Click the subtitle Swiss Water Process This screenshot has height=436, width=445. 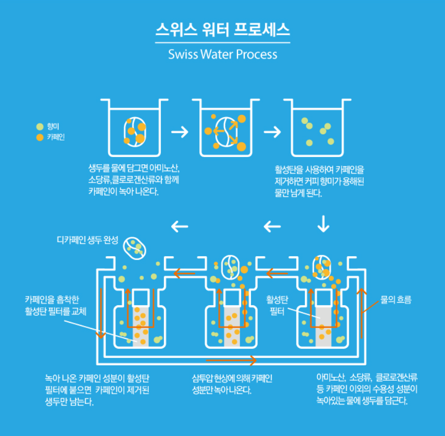click(x=222, y=54)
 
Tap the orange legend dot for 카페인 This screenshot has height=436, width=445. click(x=40, y=137)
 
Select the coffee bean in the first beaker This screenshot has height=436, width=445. click(x=135, y=131)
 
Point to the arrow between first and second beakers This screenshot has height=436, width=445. click(x=180, y=132)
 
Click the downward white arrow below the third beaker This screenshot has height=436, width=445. click(x=323, y=223)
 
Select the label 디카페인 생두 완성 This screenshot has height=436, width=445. click(x=87, y=240)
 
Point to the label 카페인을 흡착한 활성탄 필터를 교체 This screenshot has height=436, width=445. click(x=55, y=305)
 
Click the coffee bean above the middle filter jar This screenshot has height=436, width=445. click(x=230, y=267)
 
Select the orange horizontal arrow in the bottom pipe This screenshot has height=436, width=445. click(x=231, y=360)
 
